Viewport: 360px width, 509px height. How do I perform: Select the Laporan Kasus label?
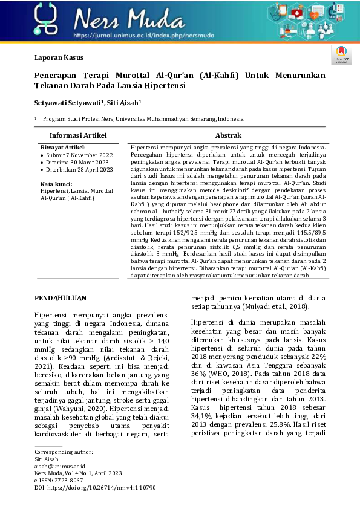coord(58,58)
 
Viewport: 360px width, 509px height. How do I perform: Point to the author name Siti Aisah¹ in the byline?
coord(123,103)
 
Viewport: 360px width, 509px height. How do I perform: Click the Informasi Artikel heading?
coord(77,136)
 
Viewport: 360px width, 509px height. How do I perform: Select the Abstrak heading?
coord(228,136)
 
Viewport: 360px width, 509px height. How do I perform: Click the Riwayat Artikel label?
coord(63,147)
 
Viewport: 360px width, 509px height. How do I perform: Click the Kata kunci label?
coord(56,183)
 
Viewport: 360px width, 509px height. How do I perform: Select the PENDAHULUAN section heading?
coord(61,298)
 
